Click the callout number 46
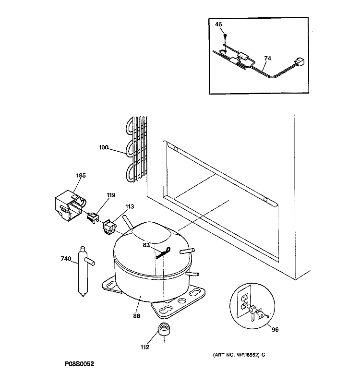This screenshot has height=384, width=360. [x=218, y=24]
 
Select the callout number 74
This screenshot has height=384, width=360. [x=267, y=59]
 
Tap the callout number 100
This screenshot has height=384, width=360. [x=103, y=147]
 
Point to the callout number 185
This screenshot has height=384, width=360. [x=81, y=176]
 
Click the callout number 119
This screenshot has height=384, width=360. [x=111, y=195]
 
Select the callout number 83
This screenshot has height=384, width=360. [x=146, y=245]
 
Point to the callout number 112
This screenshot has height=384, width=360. [x=145, y=348]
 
